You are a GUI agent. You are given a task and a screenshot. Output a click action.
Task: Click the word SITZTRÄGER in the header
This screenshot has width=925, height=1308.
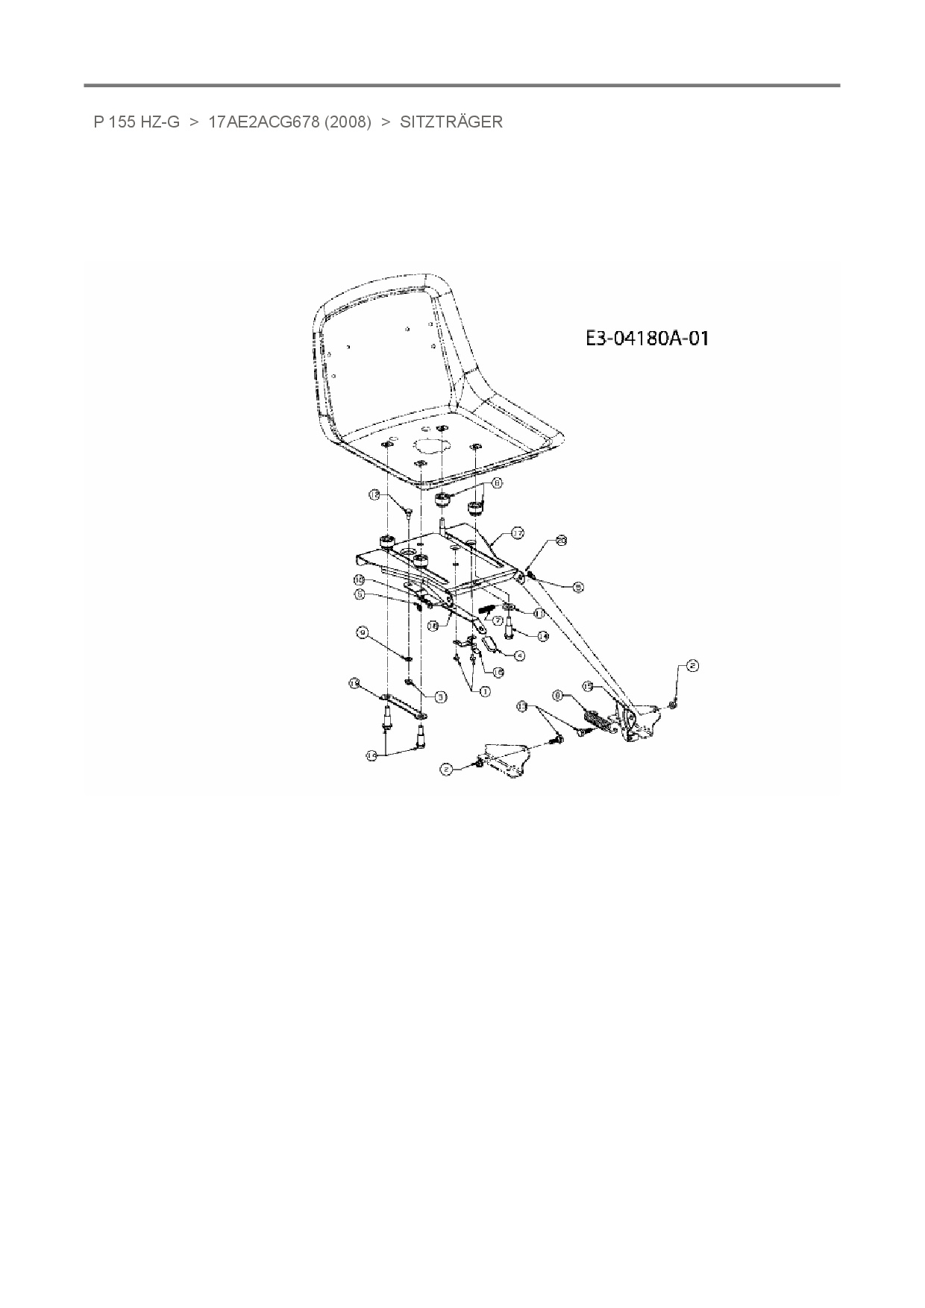451,122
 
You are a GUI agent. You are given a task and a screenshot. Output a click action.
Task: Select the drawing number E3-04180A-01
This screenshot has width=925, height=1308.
646,339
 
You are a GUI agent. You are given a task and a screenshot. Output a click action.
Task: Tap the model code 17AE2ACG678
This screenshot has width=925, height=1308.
252,122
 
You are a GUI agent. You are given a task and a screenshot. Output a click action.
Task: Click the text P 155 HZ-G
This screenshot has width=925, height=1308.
137,122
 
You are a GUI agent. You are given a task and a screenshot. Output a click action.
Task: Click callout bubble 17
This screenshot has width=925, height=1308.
517,533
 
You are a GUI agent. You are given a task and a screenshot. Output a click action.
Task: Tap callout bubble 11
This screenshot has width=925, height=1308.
539,613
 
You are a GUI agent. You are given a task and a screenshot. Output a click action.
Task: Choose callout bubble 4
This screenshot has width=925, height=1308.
519,655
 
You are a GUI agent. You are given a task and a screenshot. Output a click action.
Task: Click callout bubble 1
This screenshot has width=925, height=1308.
484,691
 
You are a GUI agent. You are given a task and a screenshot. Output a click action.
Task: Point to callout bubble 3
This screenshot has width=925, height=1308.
441,697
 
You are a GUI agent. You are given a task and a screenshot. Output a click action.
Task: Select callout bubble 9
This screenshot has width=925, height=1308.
363,632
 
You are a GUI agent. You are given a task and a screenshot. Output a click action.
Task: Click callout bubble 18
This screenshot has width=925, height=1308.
355,682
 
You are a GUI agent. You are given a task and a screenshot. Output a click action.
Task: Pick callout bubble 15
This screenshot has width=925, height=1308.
588,685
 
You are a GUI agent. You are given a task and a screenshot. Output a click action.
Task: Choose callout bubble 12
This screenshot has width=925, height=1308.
374,494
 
